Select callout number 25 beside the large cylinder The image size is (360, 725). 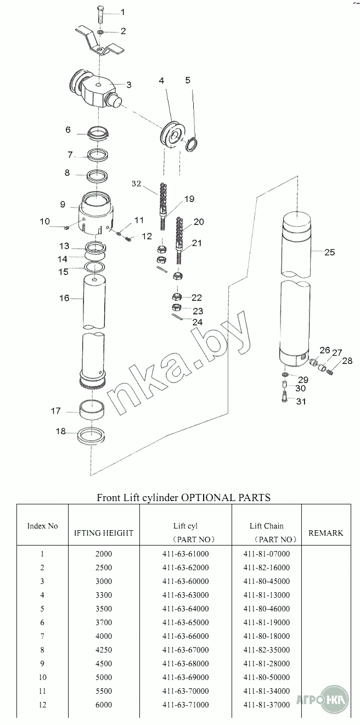pos(330,252)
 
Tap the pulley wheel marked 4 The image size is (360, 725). pos(172,134)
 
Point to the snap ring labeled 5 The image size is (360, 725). pos(192,144)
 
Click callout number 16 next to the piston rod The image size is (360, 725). pos(64,298)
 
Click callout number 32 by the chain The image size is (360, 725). pos(136,183)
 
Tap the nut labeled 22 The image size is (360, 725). pos(177,296)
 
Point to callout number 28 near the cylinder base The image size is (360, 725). pos(347,361)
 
